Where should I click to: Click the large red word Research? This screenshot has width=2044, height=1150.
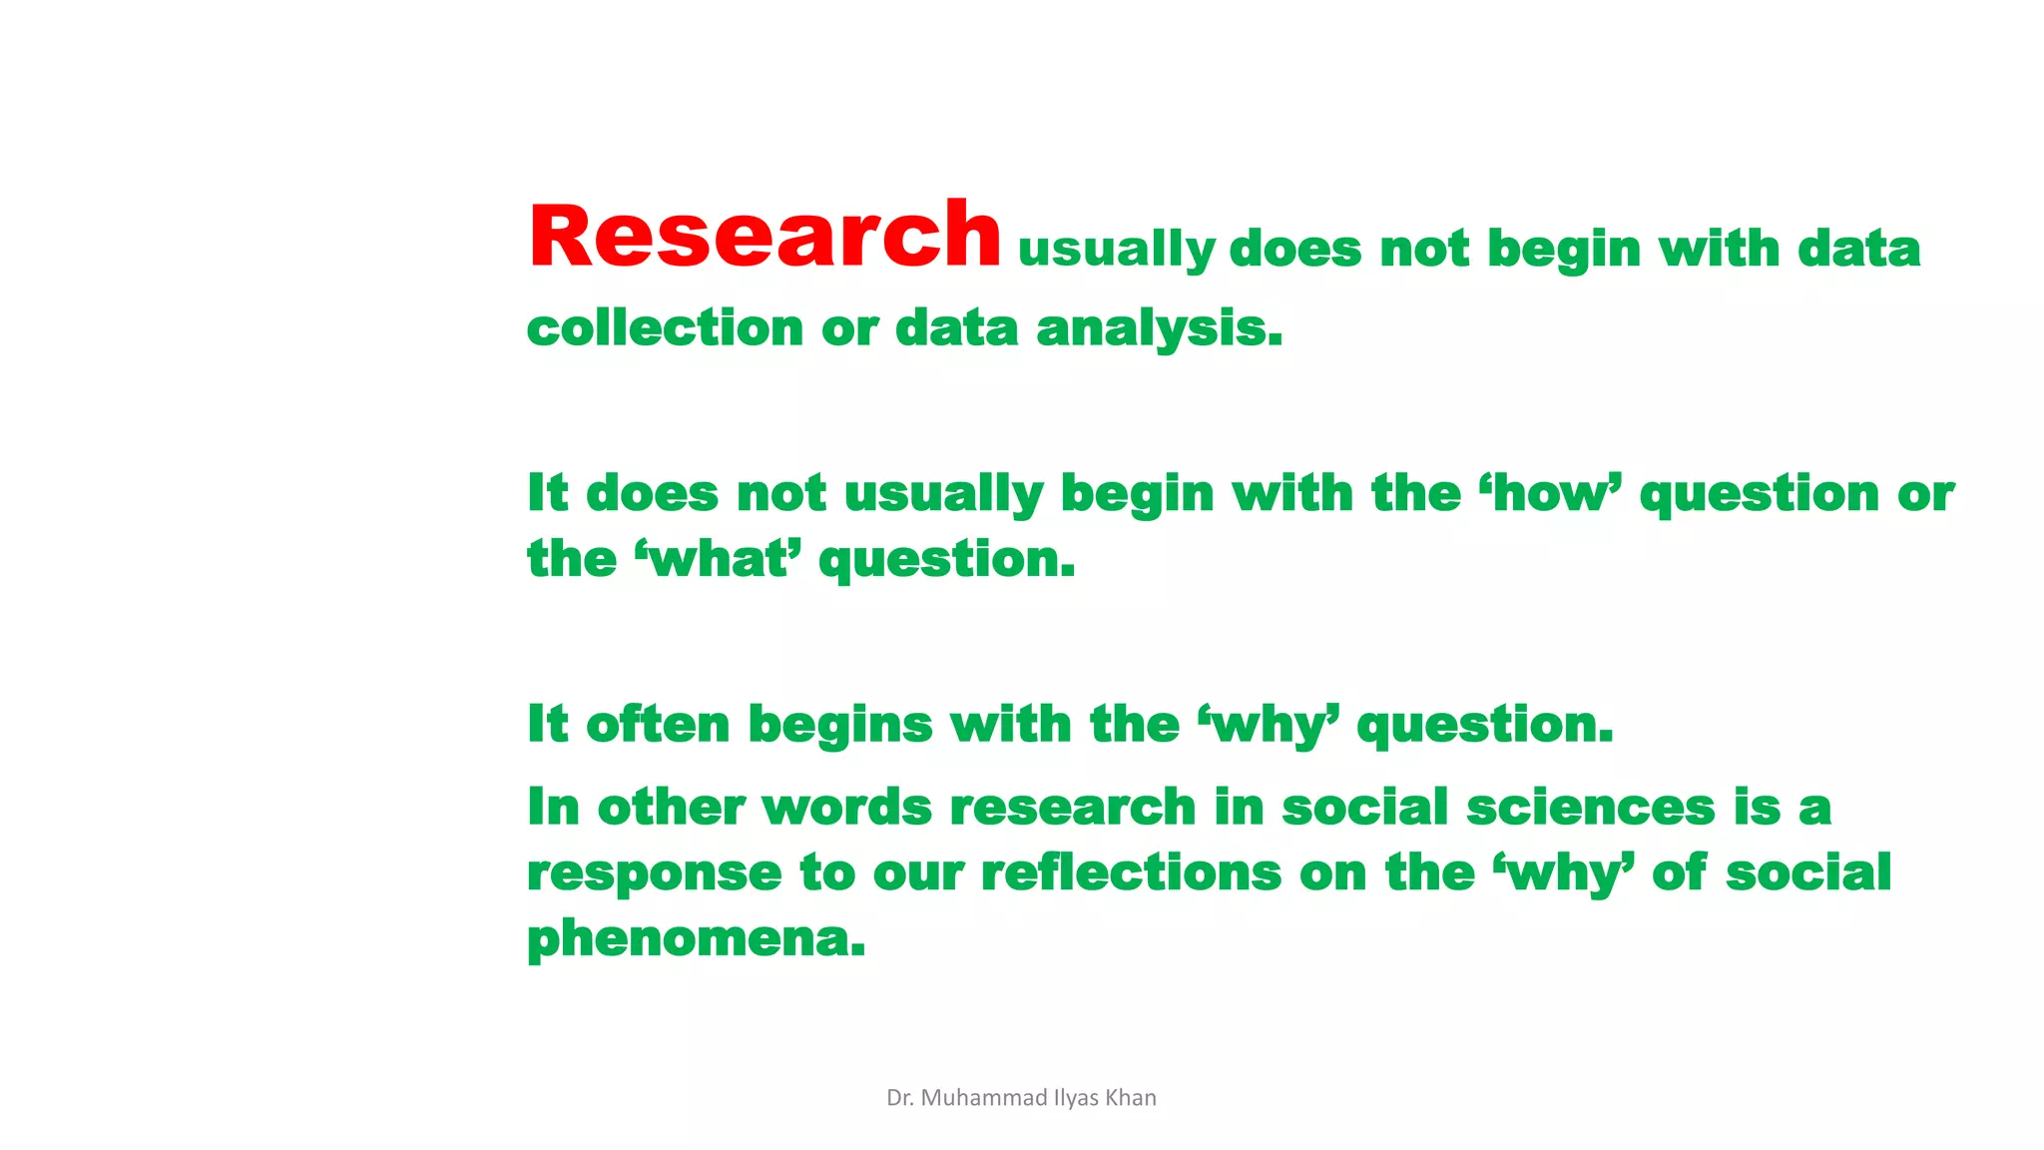tap(765, 237)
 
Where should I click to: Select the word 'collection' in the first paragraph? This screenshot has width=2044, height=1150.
tap(665, 328)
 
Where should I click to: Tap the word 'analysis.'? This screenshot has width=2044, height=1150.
tap(1160, 328)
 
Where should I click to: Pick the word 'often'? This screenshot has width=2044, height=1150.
tap(658, 724)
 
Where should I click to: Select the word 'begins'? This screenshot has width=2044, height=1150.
tap(840, 726)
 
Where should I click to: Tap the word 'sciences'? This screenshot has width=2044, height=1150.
tap(1590, 807)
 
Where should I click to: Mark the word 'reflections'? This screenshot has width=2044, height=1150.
tap(1131, 872)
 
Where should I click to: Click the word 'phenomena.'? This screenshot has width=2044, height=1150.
tap(696, 939)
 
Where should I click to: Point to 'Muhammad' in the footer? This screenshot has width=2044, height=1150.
tap(983, 1098)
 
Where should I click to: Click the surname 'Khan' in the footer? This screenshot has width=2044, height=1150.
tap(1131, 1098)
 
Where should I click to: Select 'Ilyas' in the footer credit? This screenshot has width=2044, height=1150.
tap(1076, 1098)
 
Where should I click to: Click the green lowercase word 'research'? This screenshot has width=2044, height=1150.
tap(1073, 807)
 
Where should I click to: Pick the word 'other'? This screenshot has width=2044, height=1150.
tap(671, 807)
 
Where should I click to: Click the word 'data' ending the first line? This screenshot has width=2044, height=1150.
tap(1858, 249)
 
